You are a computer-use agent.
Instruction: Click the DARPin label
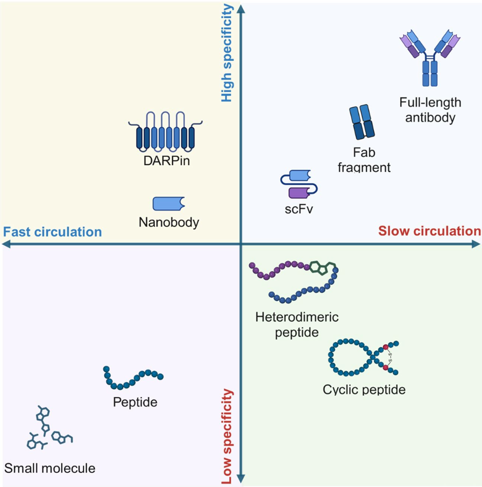click(161, 162)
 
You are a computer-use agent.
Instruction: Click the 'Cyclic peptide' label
click(364, 389)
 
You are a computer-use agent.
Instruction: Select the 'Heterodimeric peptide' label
click(297, 324)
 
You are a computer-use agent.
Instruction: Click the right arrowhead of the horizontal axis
click(476, 245)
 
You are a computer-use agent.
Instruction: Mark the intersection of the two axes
click(241, 245)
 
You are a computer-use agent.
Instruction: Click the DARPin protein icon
click(161, 132)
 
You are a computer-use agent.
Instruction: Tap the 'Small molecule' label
click(50, 468)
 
